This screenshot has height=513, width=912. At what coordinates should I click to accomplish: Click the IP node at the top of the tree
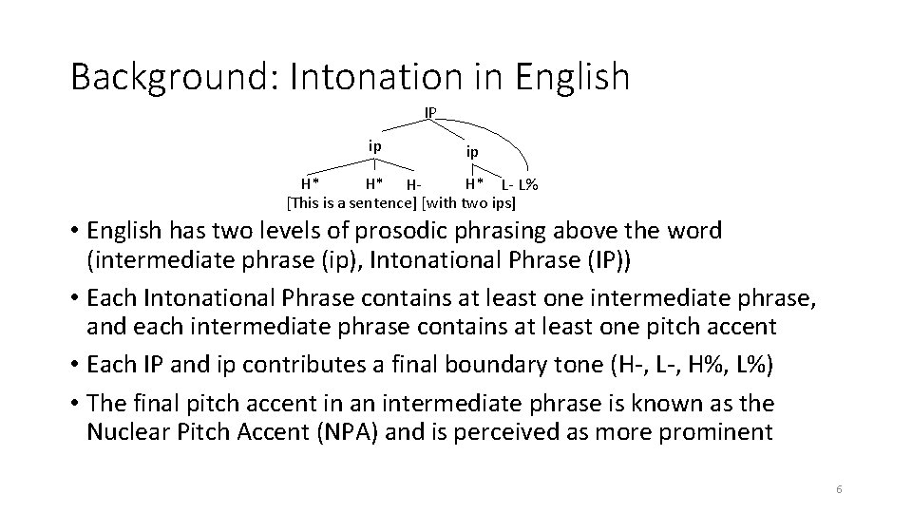click(x=430, y=112)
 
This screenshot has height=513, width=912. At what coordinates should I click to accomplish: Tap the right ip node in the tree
click(x=471, y=151)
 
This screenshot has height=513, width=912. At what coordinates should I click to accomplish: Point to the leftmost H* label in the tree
click(x=310, y=183)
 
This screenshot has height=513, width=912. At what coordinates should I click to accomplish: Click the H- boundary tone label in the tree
click(x=412, y=184)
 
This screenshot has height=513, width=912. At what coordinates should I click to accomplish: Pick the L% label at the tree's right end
click(x=528, y=184)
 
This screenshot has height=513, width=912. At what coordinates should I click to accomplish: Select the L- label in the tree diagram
click(x=507, y=184)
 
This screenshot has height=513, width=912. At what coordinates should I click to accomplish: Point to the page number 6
click(x=839, y=489)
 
